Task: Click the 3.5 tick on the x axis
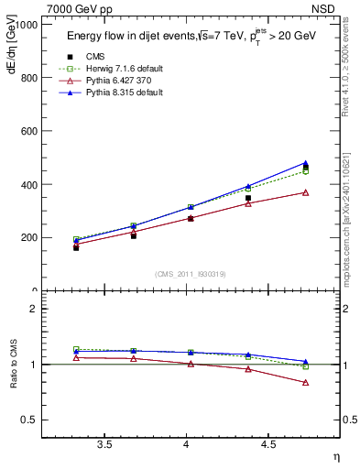pos(105,444)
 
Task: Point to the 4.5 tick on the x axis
pos(268,444)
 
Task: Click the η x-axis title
pos(335,456)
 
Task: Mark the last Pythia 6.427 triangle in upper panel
pos(305,192)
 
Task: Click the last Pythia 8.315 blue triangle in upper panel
pos(305,163)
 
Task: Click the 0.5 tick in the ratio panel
pos(30,420)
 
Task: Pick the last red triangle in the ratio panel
pos(305,382)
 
